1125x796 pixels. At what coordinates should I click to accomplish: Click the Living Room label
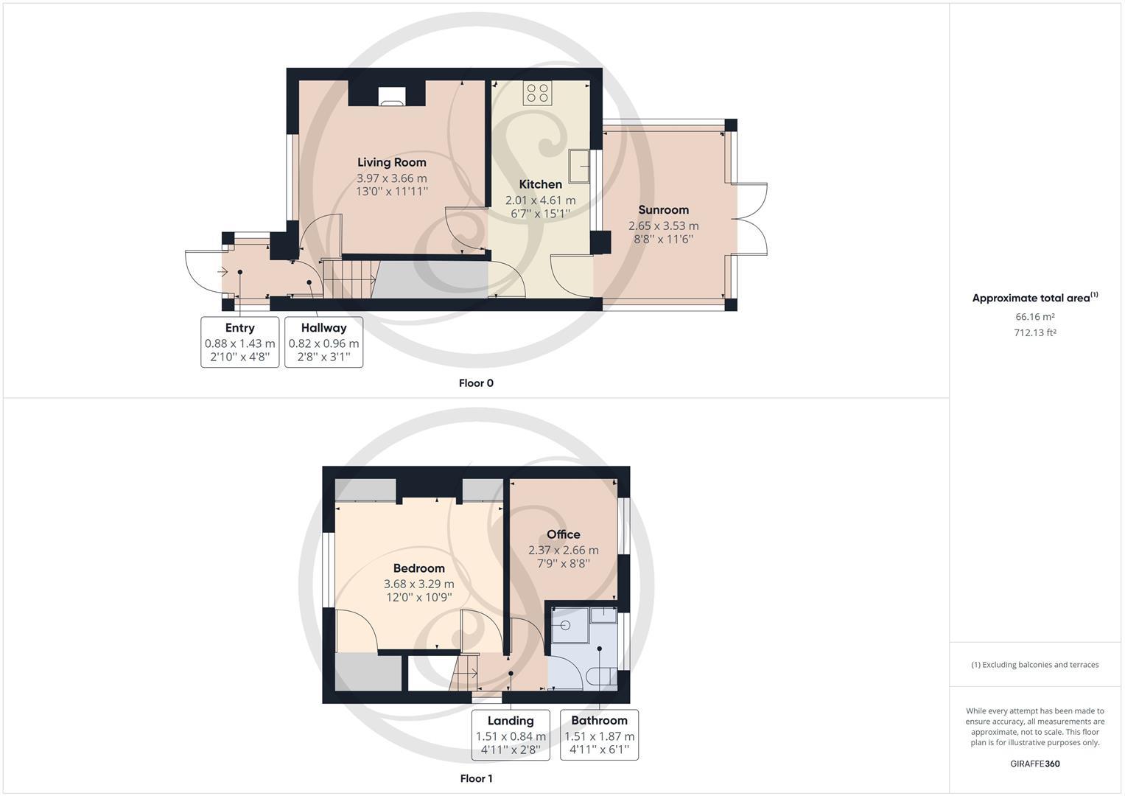click(391, 162)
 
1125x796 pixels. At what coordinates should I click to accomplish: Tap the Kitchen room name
click(540, 184)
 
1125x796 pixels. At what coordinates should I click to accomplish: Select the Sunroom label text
click(663, 210)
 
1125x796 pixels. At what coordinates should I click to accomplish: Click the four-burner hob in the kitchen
click(537, 93)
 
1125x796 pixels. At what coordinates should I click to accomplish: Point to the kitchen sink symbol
click(579, 166)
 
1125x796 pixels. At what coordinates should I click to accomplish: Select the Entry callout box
click(239, 342)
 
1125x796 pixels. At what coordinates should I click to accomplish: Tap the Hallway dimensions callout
click(323, 342)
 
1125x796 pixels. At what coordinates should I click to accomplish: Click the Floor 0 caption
click(476, 383)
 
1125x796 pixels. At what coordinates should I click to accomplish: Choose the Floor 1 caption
click(476, 778)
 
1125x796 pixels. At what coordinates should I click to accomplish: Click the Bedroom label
click(418, 568)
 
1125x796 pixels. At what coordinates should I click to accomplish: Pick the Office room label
click(563, 534)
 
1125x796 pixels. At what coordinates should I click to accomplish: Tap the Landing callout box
click(511, 734)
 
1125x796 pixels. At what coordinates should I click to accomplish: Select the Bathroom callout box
click(599, 734)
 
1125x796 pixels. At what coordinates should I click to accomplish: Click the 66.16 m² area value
click(1034, 317)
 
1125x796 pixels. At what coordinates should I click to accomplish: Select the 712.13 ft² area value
click(1034, 332)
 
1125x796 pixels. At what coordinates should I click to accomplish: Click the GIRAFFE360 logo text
click(1034, 764)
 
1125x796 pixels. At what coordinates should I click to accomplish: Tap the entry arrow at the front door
click(223, 272)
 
